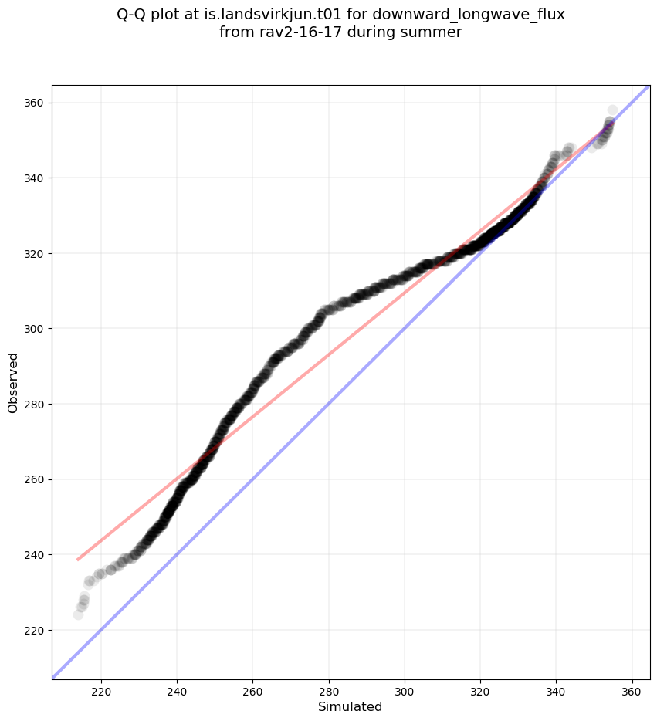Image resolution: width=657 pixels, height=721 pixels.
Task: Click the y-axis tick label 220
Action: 35,630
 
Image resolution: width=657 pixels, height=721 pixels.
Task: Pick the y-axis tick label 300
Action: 35,329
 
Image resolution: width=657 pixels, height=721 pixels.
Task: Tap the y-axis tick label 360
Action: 35,103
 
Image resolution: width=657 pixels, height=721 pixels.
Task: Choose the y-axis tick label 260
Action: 35,479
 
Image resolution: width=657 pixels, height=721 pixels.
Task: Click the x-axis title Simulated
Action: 351,707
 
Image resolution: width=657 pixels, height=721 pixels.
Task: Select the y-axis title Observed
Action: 13,382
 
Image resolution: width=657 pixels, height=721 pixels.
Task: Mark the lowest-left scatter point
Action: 78,614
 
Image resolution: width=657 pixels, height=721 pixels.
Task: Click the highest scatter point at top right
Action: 612,110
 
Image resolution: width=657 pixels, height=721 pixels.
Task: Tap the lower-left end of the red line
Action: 78,560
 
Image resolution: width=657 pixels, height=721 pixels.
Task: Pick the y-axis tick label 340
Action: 35,178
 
